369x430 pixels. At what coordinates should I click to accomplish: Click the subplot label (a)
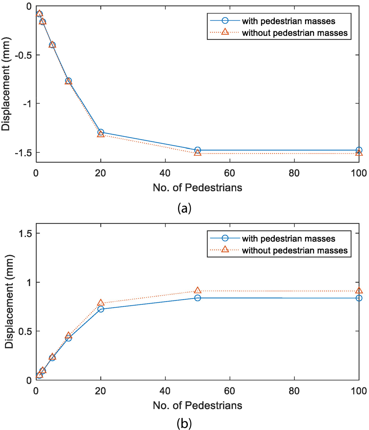(x=184, y=208)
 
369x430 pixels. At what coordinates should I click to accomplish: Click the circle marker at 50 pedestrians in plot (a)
(x=197, y=150)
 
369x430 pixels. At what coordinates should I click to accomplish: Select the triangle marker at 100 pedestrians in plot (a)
(x=359, y=153)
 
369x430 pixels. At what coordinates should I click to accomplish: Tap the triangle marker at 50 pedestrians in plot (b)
(x=197, y=291)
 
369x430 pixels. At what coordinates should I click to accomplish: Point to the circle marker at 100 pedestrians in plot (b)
(x=359, y=298)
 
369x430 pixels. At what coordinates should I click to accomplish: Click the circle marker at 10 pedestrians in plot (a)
(x=68, y=81)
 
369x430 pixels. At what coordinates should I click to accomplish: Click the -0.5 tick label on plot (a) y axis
(x=23, y=55)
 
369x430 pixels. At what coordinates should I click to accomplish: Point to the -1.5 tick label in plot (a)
(x=23, y=153)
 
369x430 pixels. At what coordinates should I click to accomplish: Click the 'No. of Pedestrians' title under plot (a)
(x=197, y=187)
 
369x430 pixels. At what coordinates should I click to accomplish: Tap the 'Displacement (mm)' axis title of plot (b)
(x=9, y=306)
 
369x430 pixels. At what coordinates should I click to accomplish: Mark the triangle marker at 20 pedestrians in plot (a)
(x=100, y=134)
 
